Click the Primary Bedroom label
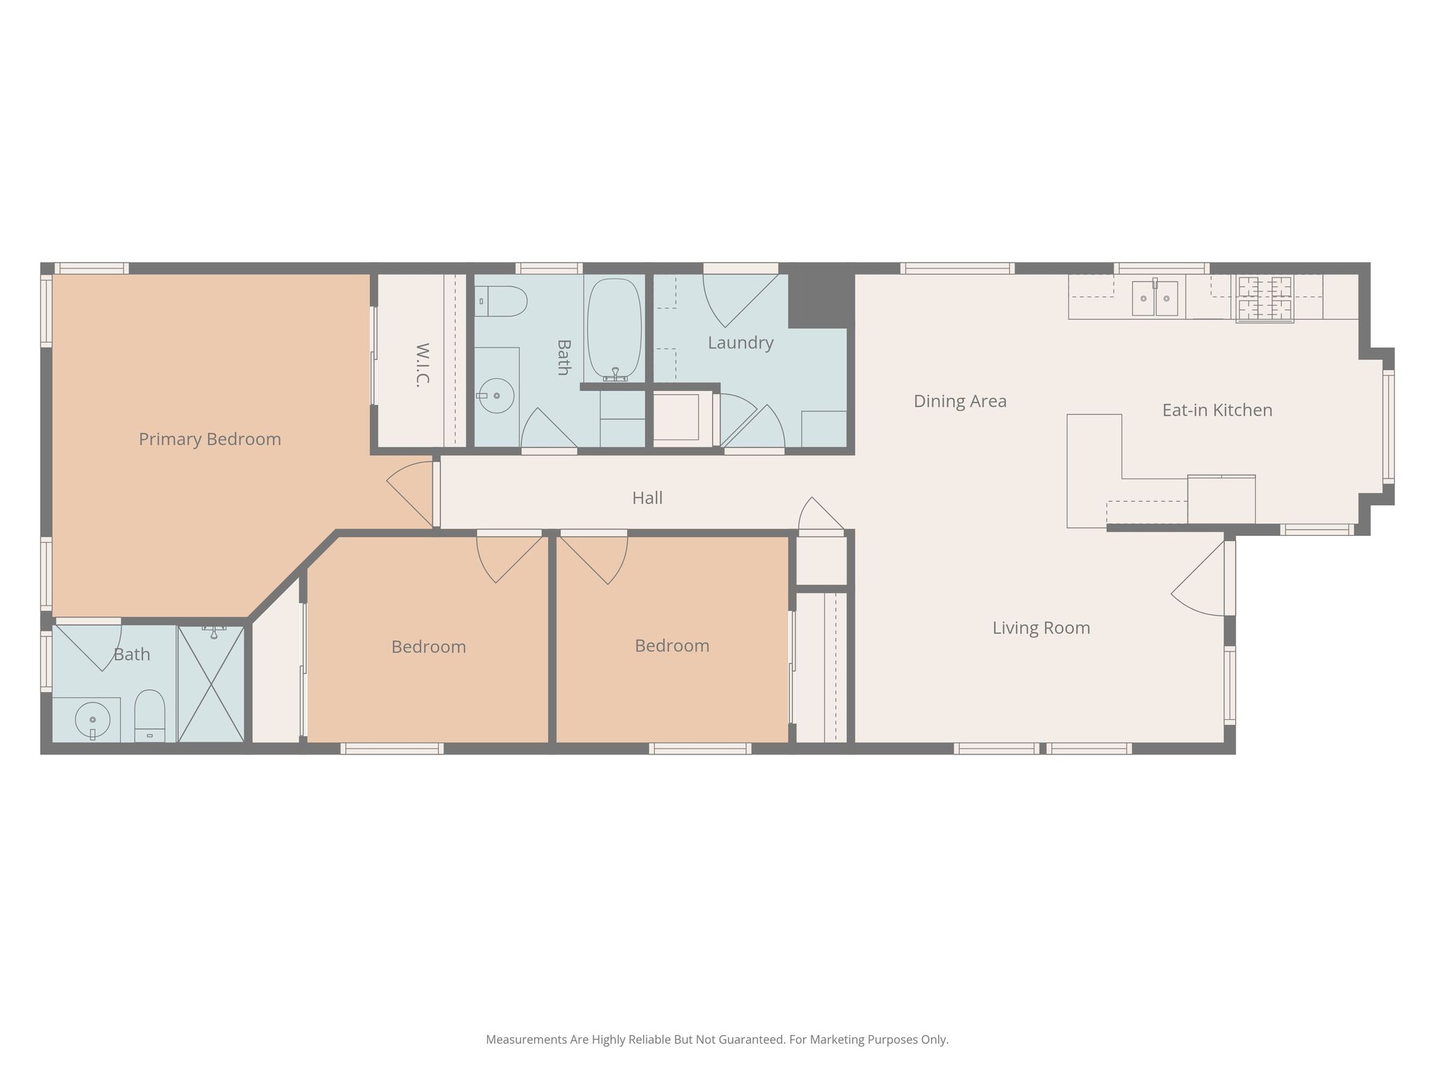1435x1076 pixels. click(210, 439)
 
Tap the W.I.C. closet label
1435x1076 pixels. click(423, 364)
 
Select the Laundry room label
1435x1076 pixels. click(741, 343)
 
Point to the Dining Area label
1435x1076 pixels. click(960, 401)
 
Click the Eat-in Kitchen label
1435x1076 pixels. click(1217, 410)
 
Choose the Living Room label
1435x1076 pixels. click(1041, 628)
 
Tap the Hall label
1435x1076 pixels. click(647, 498)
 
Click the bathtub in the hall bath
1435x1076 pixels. click(614, 329)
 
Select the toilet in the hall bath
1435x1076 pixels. click(500, 301)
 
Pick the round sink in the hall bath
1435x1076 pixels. click(496, 396)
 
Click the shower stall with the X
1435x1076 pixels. click(211, 684)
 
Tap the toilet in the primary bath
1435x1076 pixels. click(149, 716)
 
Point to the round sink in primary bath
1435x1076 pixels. click(92, 719)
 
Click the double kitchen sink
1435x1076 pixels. click(1155, 298)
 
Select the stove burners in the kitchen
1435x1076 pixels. click(1265, 299)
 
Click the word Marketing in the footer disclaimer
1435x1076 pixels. click(817, 1040)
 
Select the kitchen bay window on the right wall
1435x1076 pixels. click(1388, 426)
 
